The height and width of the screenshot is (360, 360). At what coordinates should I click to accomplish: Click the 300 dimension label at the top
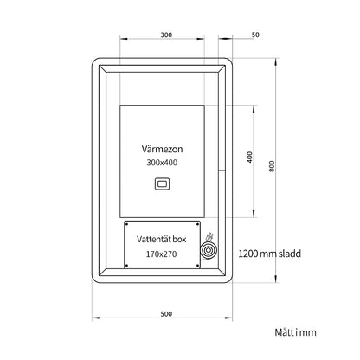(166, 35)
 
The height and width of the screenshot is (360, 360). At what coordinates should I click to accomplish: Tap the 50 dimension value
(255, 35)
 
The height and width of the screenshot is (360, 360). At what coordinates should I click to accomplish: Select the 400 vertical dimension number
(250, 157)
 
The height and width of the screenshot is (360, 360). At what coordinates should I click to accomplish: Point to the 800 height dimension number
(272, 166)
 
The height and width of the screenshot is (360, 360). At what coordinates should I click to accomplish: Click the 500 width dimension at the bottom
(166, 314)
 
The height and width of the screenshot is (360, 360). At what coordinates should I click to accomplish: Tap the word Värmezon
(162, 149)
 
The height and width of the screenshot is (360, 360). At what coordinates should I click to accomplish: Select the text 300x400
(162, 163)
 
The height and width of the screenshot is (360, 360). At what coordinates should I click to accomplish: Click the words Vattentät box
(162, 239)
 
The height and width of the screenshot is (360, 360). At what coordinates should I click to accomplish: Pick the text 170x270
(161, 254)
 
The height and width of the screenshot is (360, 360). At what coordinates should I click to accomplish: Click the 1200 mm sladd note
(270, 254)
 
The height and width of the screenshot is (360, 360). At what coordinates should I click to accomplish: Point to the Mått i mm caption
(295, 332)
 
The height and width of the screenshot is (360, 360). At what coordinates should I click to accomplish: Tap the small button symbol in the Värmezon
(162, 183)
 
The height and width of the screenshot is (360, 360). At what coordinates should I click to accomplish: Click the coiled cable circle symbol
(208, 251)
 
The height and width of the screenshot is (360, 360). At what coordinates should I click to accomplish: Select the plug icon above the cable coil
(209, 237)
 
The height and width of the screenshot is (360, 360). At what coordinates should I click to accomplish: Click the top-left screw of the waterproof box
(127, 224)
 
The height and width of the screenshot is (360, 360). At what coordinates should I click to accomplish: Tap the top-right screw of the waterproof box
(197, 224)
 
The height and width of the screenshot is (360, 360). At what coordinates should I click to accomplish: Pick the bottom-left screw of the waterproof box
(127, 266)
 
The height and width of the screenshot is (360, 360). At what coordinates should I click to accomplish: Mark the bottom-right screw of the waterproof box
(197, 266)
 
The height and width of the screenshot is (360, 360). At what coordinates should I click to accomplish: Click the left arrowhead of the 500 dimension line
(95, 318)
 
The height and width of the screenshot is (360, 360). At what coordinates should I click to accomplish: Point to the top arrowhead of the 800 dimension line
(277, 61)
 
